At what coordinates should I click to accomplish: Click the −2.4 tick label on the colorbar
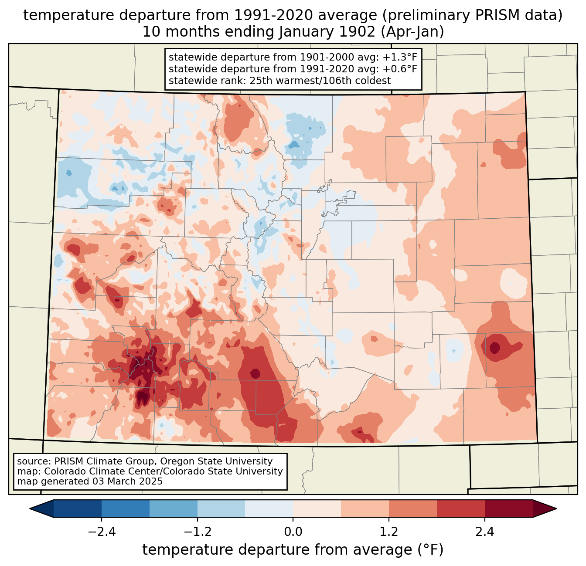pyautogui.click(x=102, y=532)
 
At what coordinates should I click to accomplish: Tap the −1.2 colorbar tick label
pyautogui.click(x=197, y=532)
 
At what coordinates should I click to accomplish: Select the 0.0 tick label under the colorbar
pyautogui.click(x=293, y=532)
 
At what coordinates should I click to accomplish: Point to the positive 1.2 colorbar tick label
pyautogui.click(x=389, y=532)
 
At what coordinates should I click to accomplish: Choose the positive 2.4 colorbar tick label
pyautogui.click(x=484, y=532)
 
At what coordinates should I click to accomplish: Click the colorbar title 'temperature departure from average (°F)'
pyautogui.click(x=293, y=550)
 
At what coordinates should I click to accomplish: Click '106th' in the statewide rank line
pyautogui.click(x=330, y=81)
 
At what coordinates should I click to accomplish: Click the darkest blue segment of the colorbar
pyautogui.click(x=78, y=508)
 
